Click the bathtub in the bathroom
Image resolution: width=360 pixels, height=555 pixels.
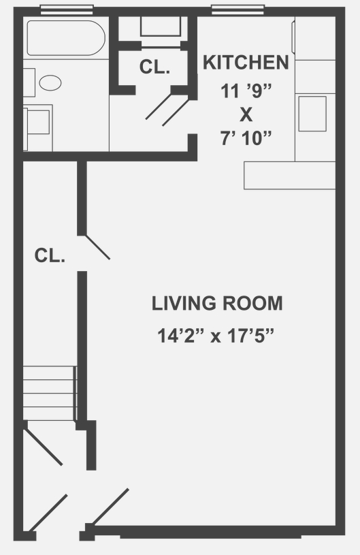(x=66, y=38)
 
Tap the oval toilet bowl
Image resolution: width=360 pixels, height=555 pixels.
(x=50, y=82)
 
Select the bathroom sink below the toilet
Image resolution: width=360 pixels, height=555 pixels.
(x=38, y=121)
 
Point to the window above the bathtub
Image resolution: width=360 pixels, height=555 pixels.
(x=67, y=10)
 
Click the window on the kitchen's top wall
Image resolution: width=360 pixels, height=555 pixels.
(x=238, y=10)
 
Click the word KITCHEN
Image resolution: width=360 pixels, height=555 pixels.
(x=246, y=62)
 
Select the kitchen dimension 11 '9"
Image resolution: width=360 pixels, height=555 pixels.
(x=246, y=91)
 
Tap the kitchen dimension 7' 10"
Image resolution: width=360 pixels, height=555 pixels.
(x=246, y=138)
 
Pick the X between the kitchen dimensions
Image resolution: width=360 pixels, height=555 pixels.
(x=246, y=114)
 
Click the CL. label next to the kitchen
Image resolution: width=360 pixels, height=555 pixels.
(x=154, y=67)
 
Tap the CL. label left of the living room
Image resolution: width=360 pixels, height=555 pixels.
(x=50, y=255)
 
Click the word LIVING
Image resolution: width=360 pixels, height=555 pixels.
(x=184, y=304)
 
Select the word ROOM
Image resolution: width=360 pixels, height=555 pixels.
(x=252, y=304)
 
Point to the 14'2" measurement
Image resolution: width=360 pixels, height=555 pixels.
(x=182, y=336)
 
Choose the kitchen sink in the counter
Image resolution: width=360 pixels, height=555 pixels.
(x=312, y=114)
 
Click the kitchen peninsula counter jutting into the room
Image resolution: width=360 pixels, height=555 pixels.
(x=290, y=175)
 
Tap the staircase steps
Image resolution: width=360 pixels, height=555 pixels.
(x=50, y=393)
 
